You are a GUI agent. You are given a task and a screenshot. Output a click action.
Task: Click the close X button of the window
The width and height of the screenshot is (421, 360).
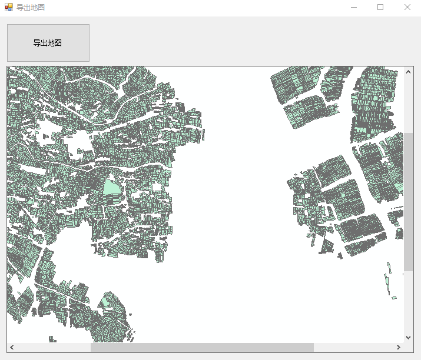(x=407, y=7)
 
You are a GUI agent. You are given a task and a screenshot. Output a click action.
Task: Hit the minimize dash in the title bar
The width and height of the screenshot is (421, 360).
(x=353, y=7)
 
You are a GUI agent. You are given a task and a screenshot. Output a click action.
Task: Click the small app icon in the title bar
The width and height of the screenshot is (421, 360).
(x=8, y=7)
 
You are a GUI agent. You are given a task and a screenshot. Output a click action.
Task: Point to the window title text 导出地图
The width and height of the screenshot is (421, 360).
(x=30, y=8)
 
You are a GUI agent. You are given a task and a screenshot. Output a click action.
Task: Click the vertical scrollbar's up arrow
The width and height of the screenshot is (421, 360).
(x=409, y=72)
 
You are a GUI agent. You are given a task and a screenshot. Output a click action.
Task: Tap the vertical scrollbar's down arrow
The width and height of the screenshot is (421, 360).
(x=409, y=337)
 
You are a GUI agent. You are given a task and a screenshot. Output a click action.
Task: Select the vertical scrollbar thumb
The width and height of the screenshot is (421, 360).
(x=409, y=201)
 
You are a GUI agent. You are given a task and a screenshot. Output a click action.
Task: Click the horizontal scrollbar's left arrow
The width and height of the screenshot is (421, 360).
(x=12, y=347)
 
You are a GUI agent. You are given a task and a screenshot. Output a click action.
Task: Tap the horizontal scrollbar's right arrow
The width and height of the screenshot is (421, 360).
(x=399, y=347)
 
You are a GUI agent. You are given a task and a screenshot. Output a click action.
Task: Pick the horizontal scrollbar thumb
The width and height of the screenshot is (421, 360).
(x=202, y=347)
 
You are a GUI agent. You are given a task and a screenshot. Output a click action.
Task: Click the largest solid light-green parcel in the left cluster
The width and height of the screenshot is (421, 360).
(x=111, y=188)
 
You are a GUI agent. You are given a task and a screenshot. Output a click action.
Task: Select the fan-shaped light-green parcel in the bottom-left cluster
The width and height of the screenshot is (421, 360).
(x=105, y=302)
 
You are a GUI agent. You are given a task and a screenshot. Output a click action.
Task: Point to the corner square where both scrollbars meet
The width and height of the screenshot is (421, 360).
(x=409, y=347)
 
